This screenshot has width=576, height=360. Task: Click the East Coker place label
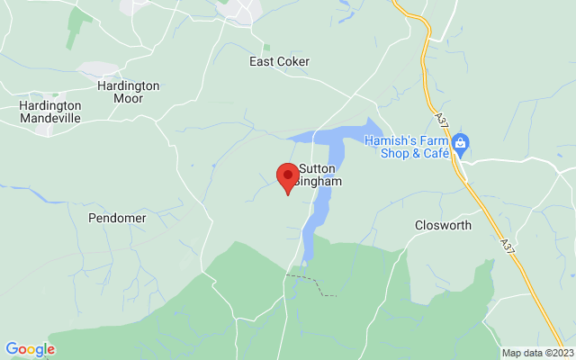point(279,62)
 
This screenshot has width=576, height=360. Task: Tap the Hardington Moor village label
point(128,92)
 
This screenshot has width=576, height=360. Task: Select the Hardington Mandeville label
point(49,112)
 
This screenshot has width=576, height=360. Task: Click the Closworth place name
point(443,225)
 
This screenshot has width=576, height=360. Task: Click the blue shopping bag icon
point(460,142)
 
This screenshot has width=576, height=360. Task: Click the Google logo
point(30,349)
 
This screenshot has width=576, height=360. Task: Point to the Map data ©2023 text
point(536,353)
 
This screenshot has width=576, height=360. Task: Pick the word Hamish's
point(390,139)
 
